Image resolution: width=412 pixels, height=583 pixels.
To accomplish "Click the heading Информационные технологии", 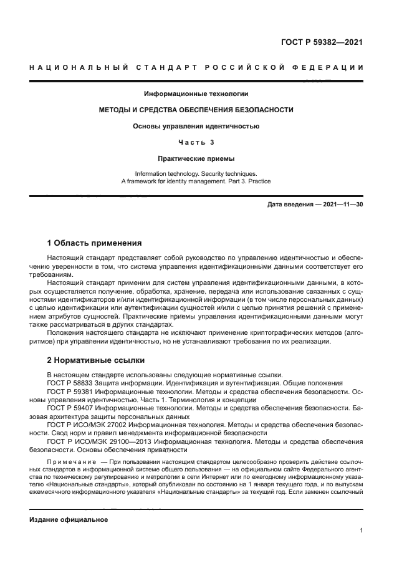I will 196,94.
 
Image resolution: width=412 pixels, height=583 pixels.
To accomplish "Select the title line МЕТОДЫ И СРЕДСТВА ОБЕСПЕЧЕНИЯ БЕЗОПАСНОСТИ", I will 196,110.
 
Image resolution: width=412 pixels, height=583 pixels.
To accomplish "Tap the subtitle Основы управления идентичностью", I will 196,126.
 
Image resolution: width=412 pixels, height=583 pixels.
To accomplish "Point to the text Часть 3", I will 196,142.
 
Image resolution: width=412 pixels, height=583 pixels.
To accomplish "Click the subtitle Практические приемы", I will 196,158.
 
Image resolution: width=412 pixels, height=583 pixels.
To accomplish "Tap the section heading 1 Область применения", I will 95,242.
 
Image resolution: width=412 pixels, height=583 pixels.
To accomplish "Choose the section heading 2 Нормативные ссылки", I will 96,360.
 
